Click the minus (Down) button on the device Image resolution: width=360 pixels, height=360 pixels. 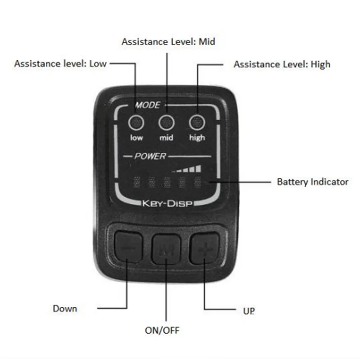click(129, 247)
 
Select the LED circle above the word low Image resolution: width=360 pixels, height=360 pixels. click(136, 122)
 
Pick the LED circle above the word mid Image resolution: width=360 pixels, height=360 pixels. click(166, 122)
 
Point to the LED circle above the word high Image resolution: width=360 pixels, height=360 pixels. click(197, 122)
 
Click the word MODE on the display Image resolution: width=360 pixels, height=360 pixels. click(148, 105)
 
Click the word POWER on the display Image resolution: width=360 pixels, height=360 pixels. click(150, 156)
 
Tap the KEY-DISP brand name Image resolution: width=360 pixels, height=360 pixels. click(167, 203)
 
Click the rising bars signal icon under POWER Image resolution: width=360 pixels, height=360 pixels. click(186, 169)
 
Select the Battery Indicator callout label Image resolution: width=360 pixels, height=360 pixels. click(313, 182)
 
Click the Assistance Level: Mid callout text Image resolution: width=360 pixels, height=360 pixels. click(168, 42)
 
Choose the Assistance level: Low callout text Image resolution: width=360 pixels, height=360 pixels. click(60, 64)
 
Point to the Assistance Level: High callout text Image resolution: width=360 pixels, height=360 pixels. click(282, 64)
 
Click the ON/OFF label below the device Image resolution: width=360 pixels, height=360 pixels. click(162, 330)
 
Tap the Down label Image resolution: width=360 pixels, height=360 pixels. click(65, 309)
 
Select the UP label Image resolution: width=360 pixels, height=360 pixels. click(249, 311)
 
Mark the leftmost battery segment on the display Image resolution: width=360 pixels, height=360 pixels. click(137, 182)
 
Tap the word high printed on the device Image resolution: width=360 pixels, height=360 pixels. click(197, 138)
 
